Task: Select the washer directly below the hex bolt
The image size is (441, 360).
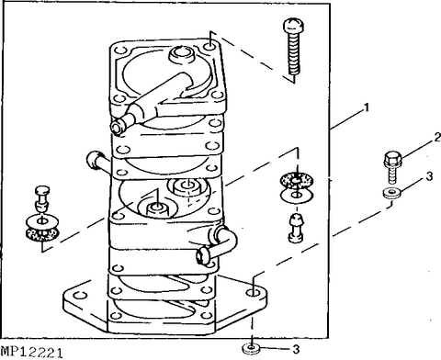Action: [x=390, y=195]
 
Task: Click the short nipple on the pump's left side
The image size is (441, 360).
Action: [x=96, y=161]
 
